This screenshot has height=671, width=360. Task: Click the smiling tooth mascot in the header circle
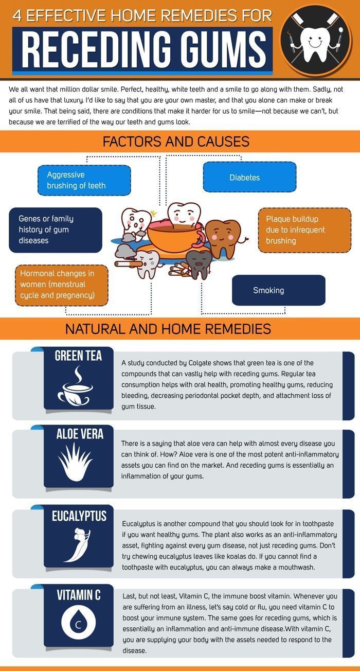[x=314, y=43]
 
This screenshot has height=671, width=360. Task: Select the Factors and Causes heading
[x=176, y=142]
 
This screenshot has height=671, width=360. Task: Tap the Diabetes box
[x=249, y=177]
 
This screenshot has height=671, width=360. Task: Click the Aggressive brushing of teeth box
[x=84, y=180]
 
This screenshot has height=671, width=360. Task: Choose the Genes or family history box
[x=56, y=230]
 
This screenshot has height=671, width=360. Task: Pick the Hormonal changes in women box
[x=61, y=285]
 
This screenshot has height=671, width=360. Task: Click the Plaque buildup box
[x=304, y=230]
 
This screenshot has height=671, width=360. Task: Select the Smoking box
[x=279, y=290]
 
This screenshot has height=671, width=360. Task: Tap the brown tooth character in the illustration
[x=223, y=238]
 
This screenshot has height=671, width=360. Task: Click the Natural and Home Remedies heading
[x=168, y=329]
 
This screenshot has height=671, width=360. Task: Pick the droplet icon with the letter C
[x=79, y=622]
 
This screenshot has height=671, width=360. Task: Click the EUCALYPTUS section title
[x=79, y=516]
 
